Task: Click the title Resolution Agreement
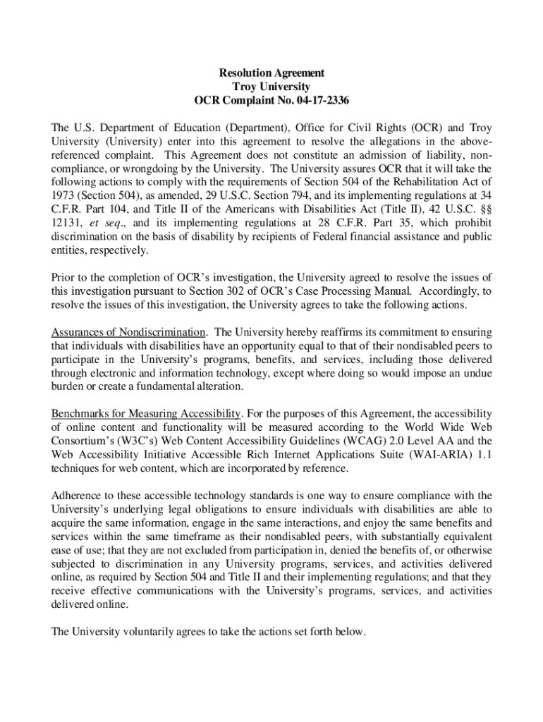(271, 73)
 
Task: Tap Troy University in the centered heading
(271, 87)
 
